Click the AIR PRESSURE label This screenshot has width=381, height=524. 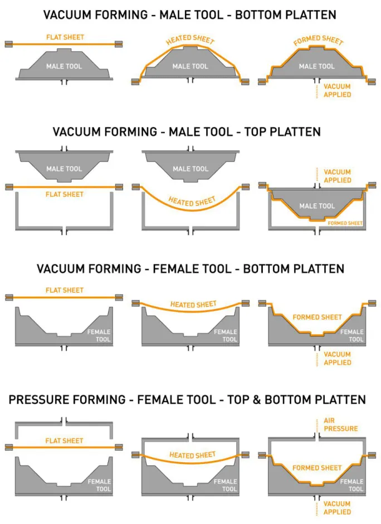[x=340, y=425]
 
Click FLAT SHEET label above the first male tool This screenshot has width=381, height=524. [x=65, y=37]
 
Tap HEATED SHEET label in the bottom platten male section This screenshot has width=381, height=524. [x=190, y=40]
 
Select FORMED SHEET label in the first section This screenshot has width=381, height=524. [x=318, y=41]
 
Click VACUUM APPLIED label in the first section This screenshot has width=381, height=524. [x=338, y=91]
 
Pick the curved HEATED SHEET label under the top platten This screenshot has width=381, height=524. [x=192, y=201]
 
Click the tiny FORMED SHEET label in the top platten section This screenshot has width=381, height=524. [x=345, y=223]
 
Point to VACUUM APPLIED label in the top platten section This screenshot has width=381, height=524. [x=338, y=176]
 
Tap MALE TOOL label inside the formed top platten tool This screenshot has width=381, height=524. [x=317, y=206]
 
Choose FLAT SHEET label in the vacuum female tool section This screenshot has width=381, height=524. [x=65, y=290]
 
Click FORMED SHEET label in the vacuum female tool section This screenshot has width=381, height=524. [x=317, y=317]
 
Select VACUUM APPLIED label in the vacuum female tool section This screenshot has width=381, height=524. [x=338, y=358]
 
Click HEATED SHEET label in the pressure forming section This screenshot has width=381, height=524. [x=192, y=456]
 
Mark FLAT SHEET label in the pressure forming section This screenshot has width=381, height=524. [x=65, y=441]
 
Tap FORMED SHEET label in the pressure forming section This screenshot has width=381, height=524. [x=317, y=468]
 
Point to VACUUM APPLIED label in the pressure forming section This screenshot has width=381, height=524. [x=338, y=508]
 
